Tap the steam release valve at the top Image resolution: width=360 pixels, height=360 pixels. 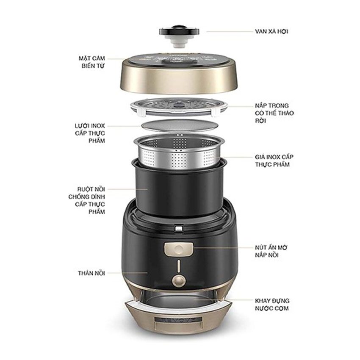pyautogui.click(x=180, y=33)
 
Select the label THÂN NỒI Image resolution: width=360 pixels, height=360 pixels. pyautogui.click(x=90, y=274)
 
